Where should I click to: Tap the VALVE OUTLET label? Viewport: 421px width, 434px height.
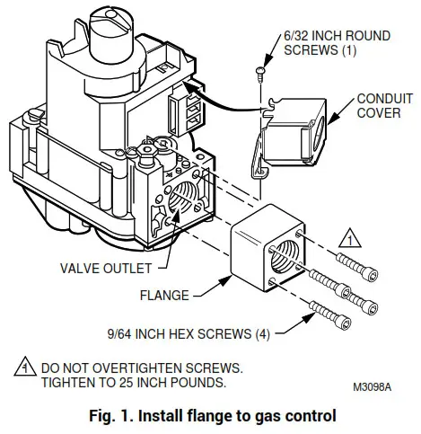coord(102,266)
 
